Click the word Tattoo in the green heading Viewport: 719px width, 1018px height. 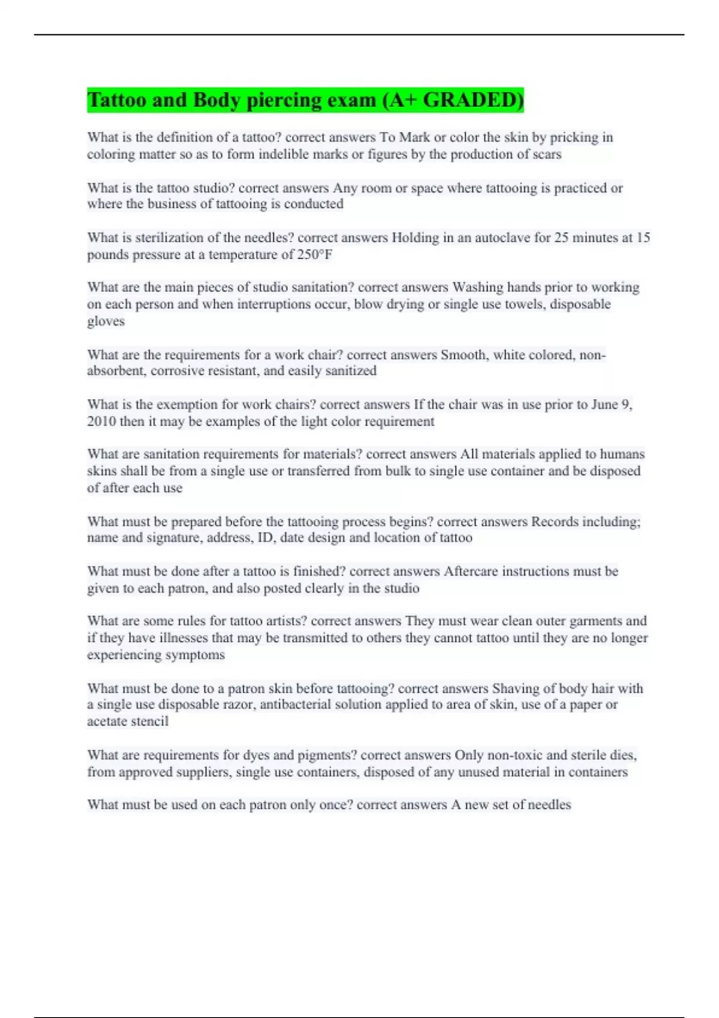pyautogui.click(x=117, y=100)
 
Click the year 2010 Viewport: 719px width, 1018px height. pyautogui.click(x=101, y=421)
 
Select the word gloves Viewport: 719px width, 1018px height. pyautogui.click(x=105, y=321)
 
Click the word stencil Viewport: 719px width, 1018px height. pyautogui.click(x=151, y=722)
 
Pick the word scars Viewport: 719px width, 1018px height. pyautogui.click(x=546, y=154)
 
